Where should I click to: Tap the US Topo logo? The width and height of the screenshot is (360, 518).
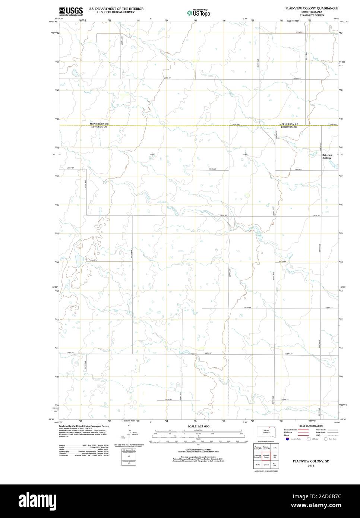pos(199,13)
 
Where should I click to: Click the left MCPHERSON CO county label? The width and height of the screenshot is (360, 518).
pos(99,124)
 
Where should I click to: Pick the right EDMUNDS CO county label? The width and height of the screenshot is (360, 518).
pos(289,127)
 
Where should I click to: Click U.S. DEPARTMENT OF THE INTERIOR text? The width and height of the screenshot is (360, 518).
pos(116,9)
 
